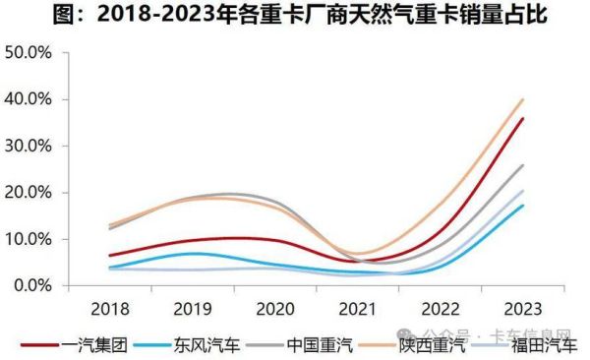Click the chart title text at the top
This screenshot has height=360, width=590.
tap(295, 17)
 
